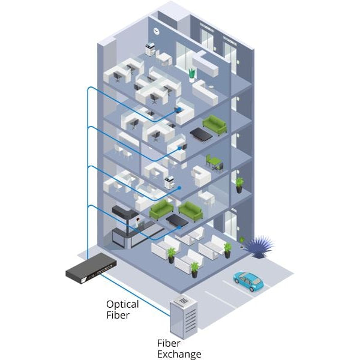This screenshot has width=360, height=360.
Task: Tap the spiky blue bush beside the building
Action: [259, 245]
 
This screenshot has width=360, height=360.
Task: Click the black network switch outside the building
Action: [91, 266]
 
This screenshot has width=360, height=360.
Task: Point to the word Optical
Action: [123, 304]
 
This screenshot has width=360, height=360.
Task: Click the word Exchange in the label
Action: [179, 354]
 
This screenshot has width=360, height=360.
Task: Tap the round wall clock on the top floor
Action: [156, 31]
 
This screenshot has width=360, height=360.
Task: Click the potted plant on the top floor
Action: [192, 74]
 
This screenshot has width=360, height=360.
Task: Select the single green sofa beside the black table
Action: [214, 125]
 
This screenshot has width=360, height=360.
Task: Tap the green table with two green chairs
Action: [214, 161]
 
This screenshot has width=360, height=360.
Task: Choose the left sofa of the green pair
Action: [161, 210]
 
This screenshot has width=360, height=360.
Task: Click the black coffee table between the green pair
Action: [178, 220]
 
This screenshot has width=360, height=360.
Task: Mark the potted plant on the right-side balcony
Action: [239, 184]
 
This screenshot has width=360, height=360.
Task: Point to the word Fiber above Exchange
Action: [169, 344]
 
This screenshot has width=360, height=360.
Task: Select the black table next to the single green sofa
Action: [200, 134]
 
